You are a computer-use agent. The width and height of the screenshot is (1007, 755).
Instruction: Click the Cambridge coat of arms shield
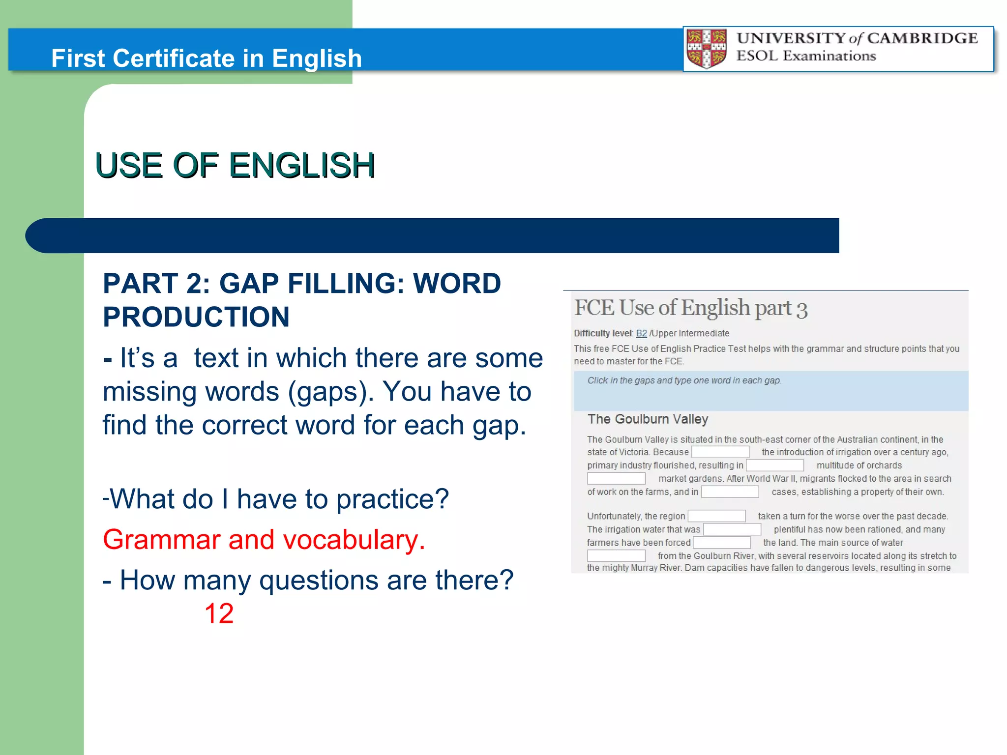tap(707, 49)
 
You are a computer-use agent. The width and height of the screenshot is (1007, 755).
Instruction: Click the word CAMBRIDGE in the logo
tap(922, 38)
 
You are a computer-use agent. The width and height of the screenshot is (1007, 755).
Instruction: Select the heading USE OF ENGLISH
tap(235, 165)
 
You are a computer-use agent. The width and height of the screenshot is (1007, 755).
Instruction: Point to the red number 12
tap(219, 613)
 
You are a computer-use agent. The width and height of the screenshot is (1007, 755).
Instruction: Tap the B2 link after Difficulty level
tap(641, 333)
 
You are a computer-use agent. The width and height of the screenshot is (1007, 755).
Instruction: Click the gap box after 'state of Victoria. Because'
tap(720, 452)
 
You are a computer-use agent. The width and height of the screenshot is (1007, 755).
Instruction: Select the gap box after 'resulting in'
tap(774, 465)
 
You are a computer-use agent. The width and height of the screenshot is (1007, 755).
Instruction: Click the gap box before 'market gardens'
tap(616, 478)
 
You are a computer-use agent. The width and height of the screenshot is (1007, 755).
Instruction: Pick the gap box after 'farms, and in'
tap(730, 492)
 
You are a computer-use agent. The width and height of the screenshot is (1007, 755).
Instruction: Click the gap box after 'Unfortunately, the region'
tap(716, 516)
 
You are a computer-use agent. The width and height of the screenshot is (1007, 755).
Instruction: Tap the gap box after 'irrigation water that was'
tap(732, 529)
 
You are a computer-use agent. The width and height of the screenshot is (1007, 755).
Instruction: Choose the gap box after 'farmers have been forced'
tap(721, 542)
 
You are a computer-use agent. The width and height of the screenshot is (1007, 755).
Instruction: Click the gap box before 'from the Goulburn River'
tap(616, 555)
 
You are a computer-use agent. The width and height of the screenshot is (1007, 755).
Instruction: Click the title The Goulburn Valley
tap(648, 419)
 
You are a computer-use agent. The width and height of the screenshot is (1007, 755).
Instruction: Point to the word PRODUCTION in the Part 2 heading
tap(196, 317)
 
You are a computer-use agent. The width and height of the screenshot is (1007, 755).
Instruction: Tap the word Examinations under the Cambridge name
tap(829, 56)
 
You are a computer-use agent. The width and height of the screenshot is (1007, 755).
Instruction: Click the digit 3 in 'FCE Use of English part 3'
tap(801, 310)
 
